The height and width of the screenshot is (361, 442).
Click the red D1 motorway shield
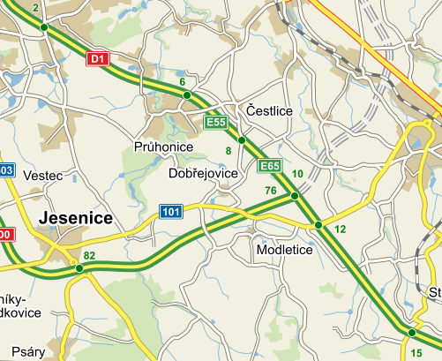98,59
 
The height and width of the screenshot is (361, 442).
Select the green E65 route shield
269,166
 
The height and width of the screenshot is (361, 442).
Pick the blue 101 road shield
170,212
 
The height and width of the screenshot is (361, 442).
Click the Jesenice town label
77,217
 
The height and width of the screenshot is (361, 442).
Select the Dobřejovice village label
203,174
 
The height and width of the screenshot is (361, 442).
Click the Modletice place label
284,250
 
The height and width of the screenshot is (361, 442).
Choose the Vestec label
43,176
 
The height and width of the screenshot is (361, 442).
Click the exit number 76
271,192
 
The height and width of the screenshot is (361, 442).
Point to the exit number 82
88,256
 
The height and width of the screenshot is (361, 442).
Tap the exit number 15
416,353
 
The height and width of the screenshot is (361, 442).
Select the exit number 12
341,229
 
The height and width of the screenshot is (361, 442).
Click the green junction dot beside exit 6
185,94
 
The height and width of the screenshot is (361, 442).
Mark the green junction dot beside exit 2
43,27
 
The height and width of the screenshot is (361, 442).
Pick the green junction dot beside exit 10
294,196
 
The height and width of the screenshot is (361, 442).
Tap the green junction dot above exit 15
411,333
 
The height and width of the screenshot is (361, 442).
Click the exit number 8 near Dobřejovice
228,152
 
